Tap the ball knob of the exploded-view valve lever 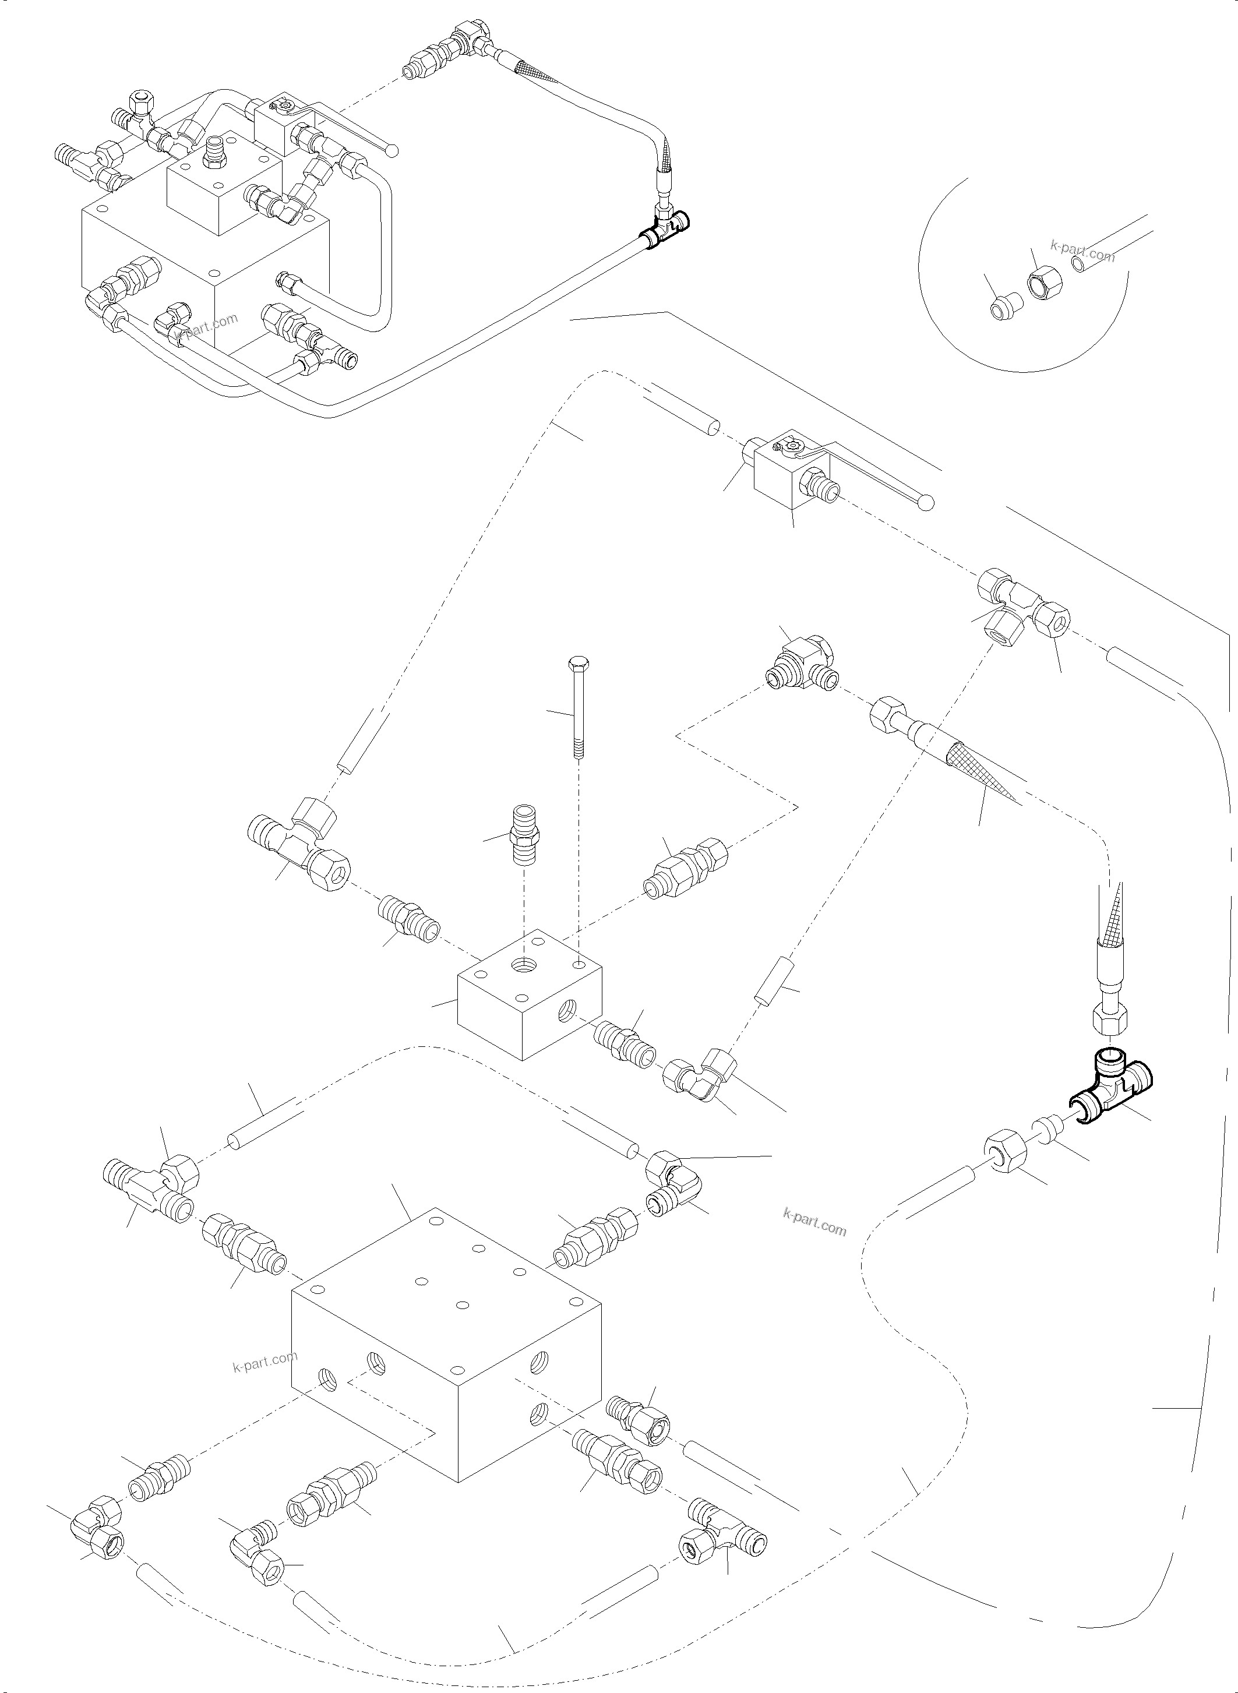click(926, 502)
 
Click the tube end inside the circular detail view click(1078, 264)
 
